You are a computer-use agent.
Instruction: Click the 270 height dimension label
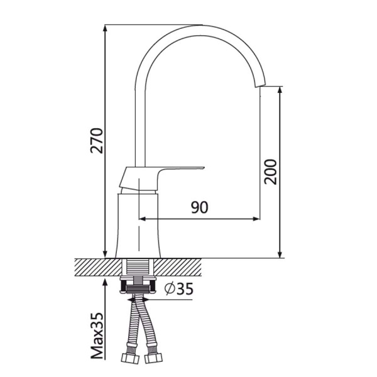(97, 141)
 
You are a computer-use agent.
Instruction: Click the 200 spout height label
(270, 172)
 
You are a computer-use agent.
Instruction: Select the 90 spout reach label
(200, 207)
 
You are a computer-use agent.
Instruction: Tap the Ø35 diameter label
(179, 289)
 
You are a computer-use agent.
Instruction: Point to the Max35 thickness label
(97, 336)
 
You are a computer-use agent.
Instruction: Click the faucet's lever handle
(161, 177)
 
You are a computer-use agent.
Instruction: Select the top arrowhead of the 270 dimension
(105, 29)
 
